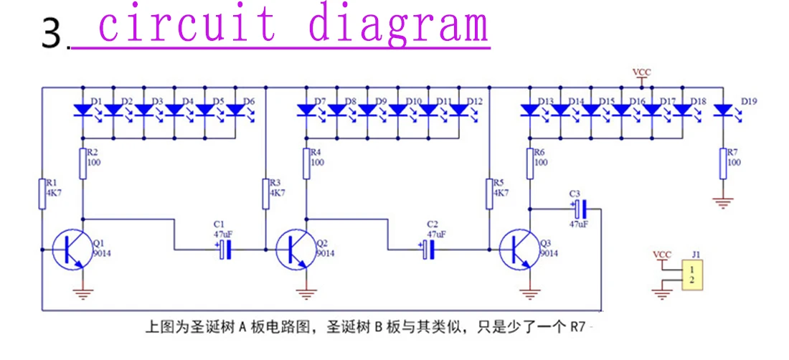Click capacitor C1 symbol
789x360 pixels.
tap(225, 249)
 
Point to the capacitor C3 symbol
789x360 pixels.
tap(580, 208)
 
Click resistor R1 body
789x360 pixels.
tap(42, 193)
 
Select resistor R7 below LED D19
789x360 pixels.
tap(723, 164)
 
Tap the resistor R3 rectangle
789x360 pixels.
tap(265, 193)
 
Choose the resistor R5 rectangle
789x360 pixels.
tap(488, 193)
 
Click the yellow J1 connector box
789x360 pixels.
tap(692, 275)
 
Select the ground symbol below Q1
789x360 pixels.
tap(82, 294)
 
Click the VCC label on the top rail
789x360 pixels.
tap(641, 73)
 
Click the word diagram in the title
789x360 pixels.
tap(399, 25)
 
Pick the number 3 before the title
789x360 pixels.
tap(52, 34)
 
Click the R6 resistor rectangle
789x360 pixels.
tap(530, 164)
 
